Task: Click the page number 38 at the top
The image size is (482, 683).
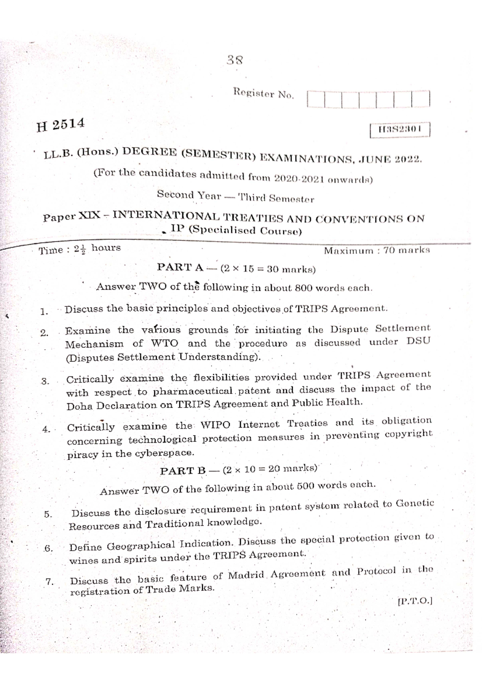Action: tap(235, 61)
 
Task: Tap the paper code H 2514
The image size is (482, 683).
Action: tap(61, 125)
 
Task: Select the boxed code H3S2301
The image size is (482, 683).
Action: tap(400, 130)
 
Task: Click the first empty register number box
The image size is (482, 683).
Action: tap(316, 99)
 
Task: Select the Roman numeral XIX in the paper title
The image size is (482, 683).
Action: tap(90, 216)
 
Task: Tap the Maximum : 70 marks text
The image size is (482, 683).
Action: tap(377, 250)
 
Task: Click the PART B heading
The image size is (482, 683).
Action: tap(183, 471)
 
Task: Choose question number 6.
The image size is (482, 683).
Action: tap(48, 549)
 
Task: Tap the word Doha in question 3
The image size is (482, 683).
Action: tap(80, 406)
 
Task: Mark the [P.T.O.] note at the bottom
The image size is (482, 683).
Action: tap(414, 602)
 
